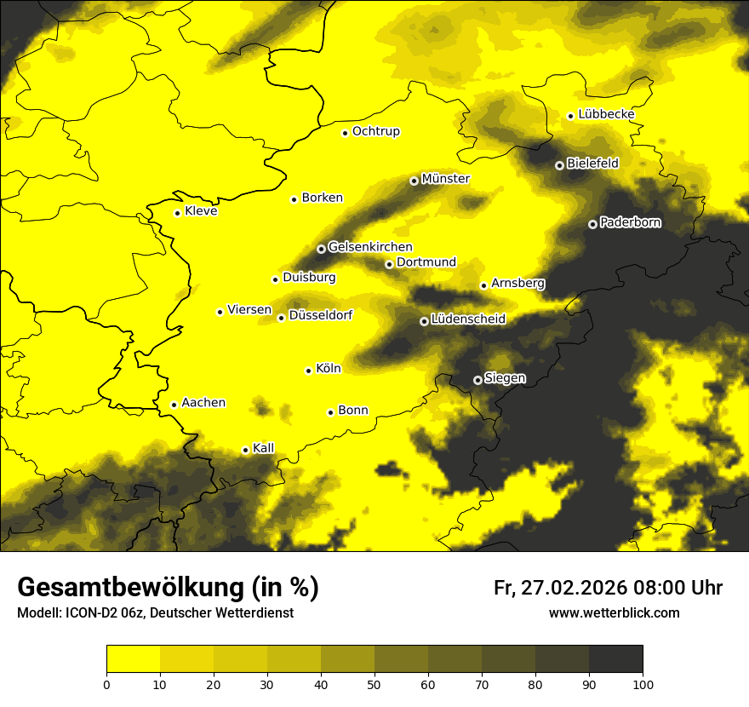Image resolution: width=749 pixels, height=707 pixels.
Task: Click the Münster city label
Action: (445, 179)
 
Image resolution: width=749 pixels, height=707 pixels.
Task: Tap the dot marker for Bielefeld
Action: (559, 165)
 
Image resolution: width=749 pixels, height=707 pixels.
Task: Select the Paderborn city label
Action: (630, 222)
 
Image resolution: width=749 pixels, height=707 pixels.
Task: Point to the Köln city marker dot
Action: (309, 371)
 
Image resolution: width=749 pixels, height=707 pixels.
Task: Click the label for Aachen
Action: (203, 403)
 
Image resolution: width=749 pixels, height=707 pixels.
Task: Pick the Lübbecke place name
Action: (606, 114)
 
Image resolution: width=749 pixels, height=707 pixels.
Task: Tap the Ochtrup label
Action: (375, 131)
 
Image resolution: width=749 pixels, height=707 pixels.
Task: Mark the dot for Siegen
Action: (477, 380)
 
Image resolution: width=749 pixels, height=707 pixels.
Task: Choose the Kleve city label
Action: (201, 211)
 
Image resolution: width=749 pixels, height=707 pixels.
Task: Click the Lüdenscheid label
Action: (468, 319)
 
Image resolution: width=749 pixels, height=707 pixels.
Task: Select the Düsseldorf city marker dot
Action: (281, 318)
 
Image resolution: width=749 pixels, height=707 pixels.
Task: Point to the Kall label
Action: (264, 448)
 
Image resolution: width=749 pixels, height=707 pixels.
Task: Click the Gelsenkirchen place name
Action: (370, 247)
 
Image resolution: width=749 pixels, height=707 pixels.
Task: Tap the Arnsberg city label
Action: (517, 283)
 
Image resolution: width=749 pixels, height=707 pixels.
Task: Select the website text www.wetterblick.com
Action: (614, 612)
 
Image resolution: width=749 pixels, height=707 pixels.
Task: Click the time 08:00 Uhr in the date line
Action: (677, 588)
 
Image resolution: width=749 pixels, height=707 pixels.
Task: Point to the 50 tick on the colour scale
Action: (374, 683)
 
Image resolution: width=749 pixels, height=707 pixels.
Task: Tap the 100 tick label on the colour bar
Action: (643, 683)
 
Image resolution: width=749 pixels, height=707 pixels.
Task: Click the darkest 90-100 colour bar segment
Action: (615, 658)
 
